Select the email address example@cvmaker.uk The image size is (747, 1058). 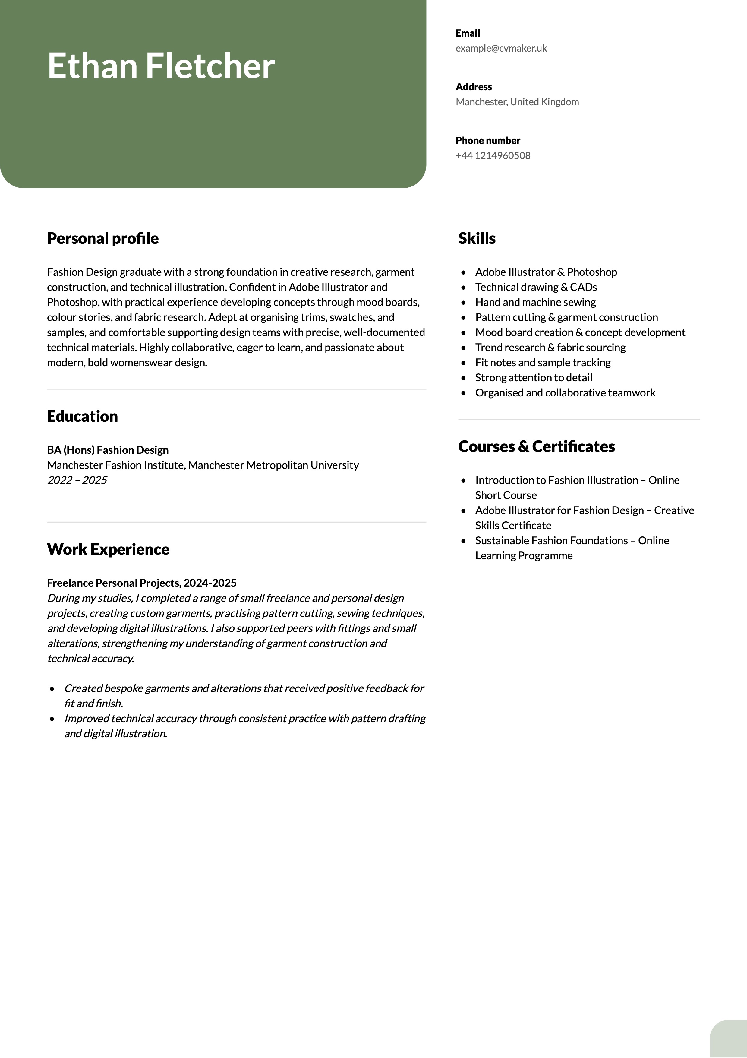pyautogui.click(x=501, y=48)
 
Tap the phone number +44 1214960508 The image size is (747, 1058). pyautogui.click(x=493, y=156)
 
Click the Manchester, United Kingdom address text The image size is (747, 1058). pyautogui.click(x=517, y=102)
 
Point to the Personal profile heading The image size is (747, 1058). pyautogui.click(x=103, y=238)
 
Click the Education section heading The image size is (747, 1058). pyautogui.click(x=82, y=416)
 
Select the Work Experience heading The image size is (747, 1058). pyautogui.click(x=108, y=549)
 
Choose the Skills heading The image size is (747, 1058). pyautogui.click(x=477, y=238)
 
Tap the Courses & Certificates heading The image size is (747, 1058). pyautogui.click(x=536, y=446)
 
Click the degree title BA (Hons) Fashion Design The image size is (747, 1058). pyautogui.click(x=108, y=450)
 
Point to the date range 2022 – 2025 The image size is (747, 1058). pyautogui.click(x=77, y=480)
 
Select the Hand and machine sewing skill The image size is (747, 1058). pyautogui.click(x=535, y=302)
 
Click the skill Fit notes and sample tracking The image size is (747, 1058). pyautogui.click(x=543, y=363)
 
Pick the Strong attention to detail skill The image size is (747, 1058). pyautogui.click(x=533, y=378)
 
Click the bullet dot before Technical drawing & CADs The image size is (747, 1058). pyautogui.click(x=463, y=288)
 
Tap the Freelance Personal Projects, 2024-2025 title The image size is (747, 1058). pyautogui.click(x=141, y=583)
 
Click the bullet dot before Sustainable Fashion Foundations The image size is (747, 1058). pyautogui.click(x=463, y=541)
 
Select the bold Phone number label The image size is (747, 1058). pyautogui.click(x=488, y=141)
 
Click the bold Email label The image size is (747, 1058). pyautogui.click(x=468, y=33)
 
